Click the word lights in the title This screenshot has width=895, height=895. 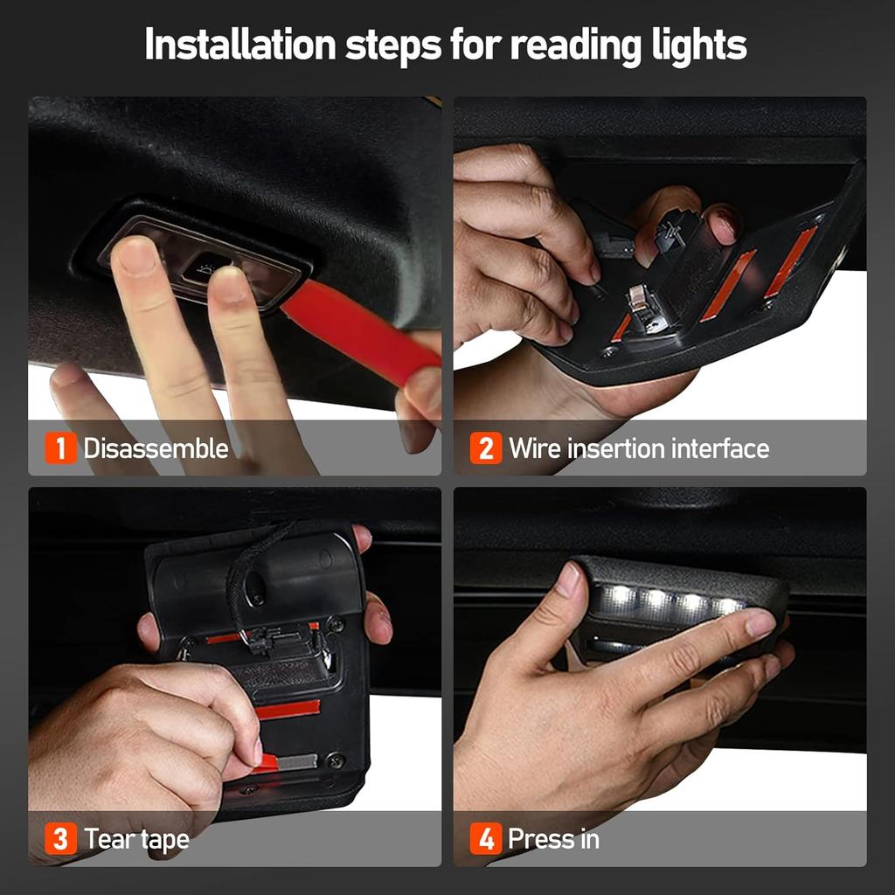(697, 45)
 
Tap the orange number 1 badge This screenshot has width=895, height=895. (60, 449)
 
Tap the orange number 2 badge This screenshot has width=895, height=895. (486, 449)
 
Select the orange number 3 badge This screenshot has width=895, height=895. (60, 840)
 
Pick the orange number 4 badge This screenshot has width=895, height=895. (486, 840)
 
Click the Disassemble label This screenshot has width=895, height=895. (156, 449)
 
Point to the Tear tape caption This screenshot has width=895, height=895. (136, 840)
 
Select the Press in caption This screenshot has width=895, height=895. (553, 840)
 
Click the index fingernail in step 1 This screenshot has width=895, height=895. (137, 255)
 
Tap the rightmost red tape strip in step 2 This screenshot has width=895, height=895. (791, 260)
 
